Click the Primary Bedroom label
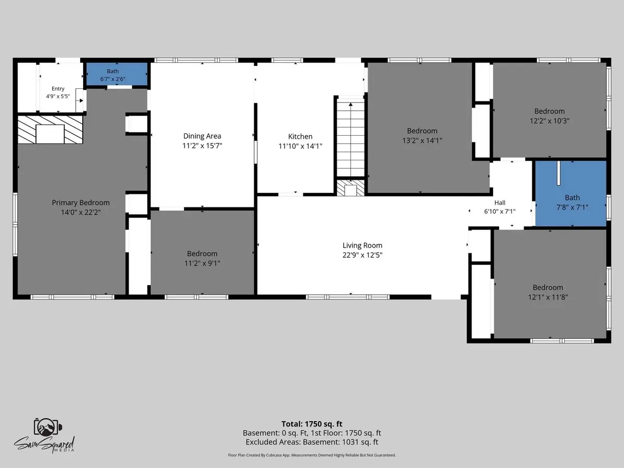(x=81, y=203)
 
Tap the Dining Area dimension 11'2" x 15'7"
(x=202, y=146)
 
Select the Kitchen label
(x=300, y=136)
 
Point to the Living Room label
(x=362, y=245)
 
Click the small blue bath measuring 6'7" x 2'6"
(x=117, y=74)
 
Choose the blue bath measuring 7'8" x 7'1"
(x=571, y=193)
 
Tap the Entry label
(x=58, y=88)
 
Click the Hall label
(x=500, y=203)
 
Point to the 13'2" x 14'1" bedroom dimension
(x=422, y=140)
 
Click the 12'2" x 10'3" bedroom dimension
(x=550, y=121)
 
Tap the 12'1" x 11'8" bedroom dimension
(x=548, y=297)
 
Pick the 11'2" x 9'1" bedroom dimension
(x=202, y=263)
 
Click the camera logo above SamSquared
(x=48, y=427)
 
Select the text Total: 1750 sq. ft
(x=312, y=424)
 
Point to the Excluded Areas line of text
(x=312, y=442)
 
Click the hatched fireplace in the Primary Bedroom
(x=50, y=129)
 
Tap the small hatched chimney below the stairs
(x=350, y=188)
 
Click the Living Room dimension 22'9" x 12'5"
(x=362, y=255)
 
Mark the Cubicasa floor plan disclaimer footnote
(x=312, y=455)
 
